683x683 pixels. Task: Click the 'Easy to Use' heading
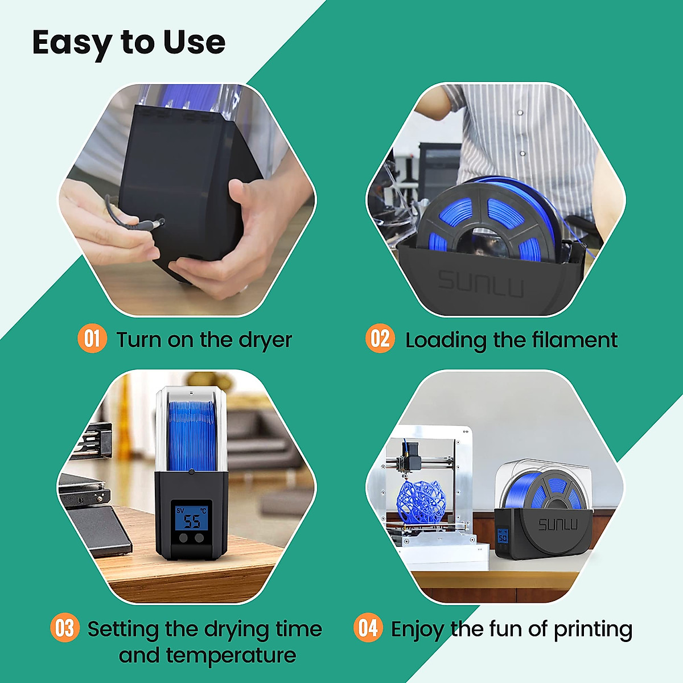(x=129, y=43)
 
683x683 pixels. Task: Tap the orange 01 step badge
(x=92, y=339)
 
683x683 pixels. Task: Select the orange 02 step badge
(x=380, y=339)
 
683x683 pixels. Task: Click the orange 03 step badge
(x=64, y=628)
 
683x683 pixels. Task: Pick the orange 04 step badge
(x=368, y=628)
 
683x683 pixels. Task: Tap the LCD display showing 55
(x=192, y=519)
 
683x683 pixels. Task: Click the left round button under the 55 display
(x=184, y=537)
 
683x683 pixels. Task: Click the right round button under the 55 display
(x=199, y=537)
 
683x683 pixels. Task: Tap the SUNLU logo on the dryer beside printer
(x=557, y=524)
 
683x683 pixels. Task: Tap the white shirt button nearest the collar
(x=520, y=113)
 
